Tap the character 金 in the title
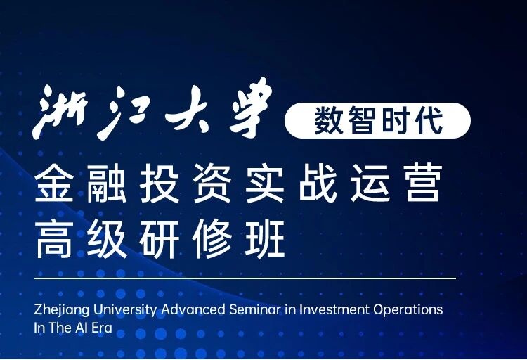(x=58, y=184)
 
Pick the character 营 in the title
(x=422, y=184)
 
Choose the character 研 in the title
(x=168, y=241)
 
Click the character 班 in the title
(x=271, y=241)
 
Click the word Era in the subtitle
(x=101, y=328)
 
